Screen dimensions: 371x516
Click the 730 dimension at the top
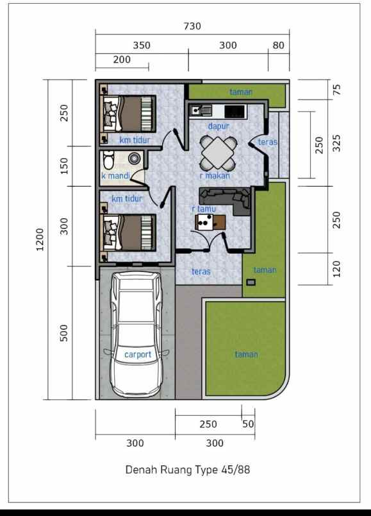(x=192, y=26)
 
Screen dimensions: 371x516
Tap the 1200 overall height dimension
(x=40, y=239)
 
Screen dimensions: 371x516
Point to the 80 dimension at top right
(x=278, y=46)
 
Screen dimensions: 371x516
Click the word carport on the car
(x=138, y=354)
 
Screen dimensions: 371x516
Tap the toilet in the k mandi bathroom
(x=108, y=159)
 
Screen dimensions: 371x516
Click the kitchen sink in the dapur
(x=200, y=110)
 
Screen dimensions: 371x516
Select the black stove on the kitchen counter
(x=235, y=111)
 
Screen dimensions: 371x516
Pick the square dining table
(x=218, y=153)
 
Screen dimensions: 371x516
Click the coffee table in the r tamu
(x=211, y=223)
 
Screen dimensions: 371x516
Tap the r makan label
(x=215, y=176)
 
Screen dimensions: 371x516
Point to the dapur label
(x=218, y=126)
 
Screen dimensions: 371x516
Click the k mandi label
(x=115, y=176)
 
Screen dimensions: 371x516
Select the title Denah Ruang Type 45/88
(x=188, y=470)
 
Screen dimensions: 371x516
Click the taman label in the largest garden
(x=247, y=354)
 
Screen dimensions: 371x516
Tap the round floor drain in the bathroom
(x=134, y=159)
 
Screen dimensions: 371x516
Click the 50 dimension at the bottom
(x=248, y=424)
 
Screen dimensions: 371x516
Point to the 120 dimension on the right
(x=336, y=269)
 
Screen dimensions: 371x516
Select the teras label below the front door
(x=201, y=271)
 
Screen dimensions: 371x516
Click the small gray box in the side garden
(x=251, y=282)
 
